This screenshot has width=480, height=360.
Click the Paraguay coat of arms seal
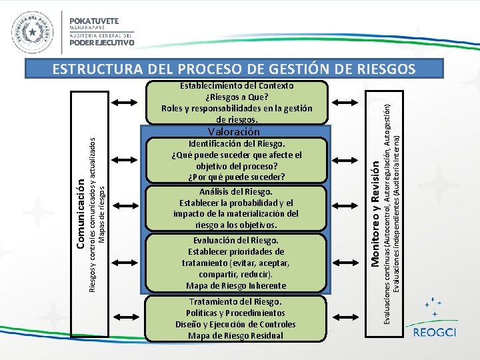(31, 33)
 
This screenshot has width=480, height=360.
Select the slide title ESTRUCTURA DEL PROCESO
(233, 69)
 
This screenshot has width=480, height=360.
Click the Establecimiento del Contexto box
(237, 102)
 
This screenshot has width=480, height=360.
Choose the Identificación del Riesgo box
(237, 160)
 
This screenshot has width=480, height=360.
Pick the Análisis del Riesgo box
(237, 209)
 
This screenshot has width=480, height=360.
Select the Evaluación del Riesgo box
(237, 263)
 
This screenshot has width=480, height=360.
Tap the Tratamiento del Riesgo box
(237, 318)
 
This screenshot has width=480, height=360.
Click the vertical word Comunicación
(79, 214)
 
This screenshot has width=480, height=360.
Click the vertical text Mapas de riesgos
(101, 214)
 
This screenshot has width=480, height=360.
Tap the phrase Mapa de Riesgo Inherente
(237, 285)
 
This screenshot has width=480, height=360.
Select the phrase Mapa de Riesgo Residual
(237, 335)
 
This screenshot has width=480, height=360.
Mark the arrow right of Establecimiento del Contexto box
(347, 102)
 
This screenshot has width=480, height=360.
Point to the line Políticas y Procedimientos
(237, 313)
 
